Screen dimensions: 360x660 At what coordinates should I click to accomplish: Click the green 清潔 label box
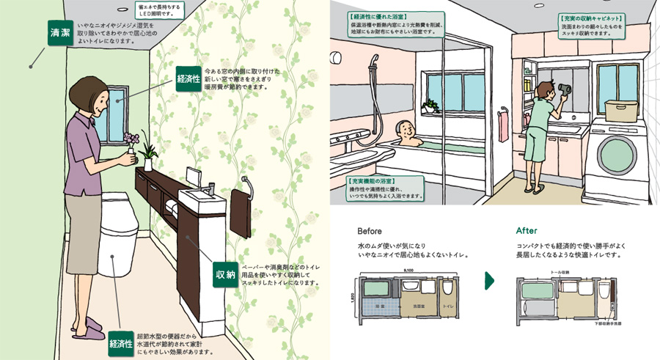point(59,34)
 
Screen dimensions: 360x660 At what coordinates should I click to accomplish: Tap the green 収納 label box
point(225,275)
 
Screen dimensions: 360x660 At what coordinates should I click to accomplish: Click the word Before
point(370,230)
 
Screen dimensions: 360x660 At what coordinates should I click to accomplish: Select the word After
point(527,230)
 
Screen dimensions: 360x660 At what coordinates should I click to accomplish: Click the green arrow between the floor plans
point(490,281)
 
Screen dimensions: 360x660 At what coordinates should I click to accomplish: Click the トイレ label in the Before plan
point(447,303)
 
